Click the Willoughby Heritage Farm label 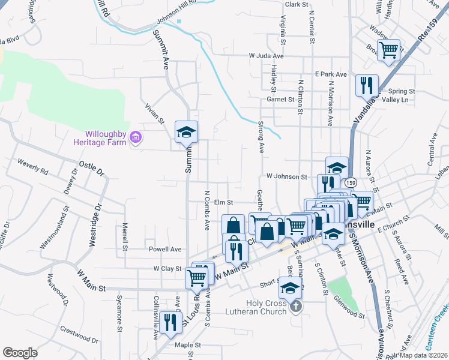100,139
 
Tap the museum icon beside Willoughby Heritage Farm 136,139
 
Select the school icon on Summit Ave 186,133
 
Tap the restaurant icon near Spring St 367,86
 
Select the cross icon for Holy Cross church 295,307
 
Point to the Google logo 20,353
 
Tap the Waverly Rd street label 32,166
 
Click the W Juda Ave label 270,55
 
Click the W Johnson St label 286,177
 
